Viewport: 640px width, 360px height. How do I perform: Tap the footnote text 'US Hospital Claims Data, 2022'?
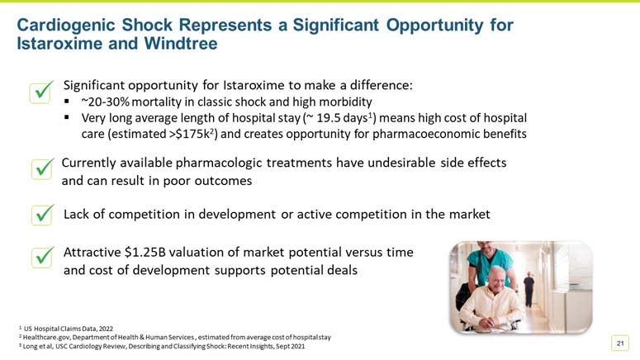(65, 328)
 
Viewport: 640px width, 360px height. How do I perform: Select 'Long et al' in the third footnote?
(38, 346)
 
